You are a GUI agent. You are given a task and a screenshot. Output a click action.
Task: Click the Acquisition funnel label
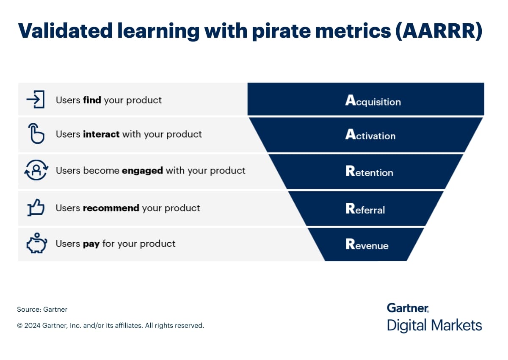click(x=373, y=100)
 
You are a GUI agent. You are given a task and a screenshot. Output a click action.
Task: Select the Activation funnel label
click(x=370, y=134)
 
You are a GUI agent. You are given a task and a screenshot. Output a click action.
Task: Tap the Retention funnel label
click(x=369, y=171)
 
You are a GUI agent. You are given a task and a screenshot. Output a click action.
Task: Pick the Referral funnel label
click(x=365, y=208)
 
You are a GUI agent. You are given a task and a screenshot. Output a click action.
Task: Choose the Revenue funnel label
click(x=367, y=244)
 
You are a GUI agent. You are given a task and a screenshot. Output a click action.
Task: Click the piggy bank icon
click(x=37, y=243)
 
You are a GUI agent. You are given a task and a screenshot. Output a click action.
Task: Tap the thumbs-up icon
click(x=36, y=208)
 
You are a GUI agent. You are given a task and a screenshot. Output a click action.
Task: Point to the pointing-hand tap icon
click(x=36, y=133)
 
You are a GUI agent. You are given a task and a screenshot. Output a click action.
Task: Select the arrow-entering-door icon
click(x=36, y=100)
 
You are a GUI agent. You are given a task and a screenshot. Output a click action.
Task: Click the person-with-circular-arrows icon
click(x=36, y=170)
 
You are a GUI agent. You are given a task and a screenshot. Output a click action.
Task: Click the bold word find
click(x=92, y=100)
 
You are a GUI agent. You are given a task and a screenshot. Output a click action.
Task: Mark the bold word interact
click(x=101, y=134)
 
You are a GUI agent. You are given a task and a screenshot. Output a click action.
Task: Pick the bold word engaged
click(x=142, y=171)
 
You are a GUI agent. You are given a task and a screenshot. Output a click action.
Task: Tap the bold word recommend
click(x=111, y=208)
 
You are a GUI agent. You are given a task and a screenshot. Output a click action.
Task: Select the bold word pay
click(x=91, y=244)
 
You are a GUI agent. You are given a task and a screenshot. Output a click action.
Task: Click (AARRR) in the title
click(x=439, y=30)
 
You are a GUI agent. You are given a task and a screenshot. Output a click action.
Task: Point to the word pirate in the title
click(x=281, y=31)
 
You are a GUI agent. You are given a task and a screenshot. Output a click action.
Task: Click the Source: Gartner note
click(x=42, y=310)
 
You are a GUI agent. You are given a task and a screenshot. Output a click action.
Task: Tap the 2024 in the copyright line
click(x=32, y=326)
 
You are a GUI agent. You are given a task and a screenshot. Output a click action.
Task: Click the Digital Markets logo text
click(x=434, y=326)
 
